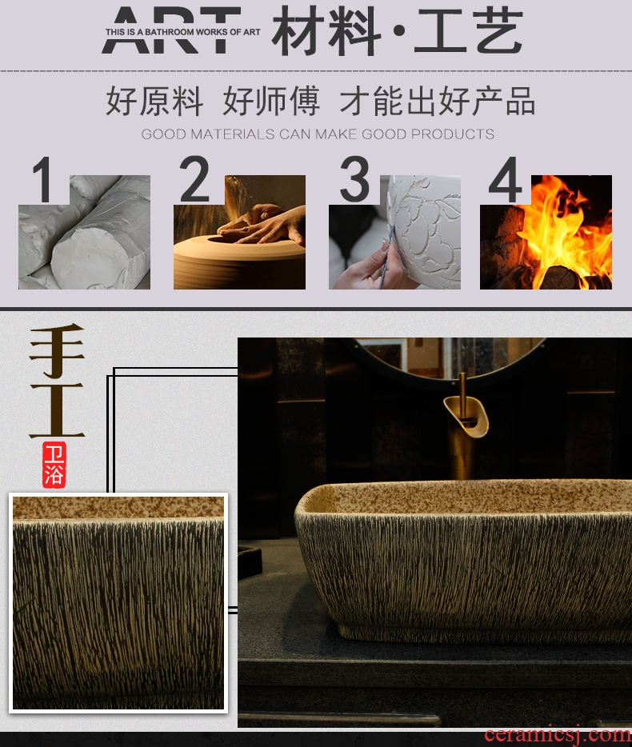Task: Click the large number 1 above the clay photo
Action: (x=43, y=179)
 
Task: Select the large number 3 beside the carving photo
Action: (x=354, y=179)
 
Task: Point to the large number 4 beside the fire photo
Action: (x=506, y=180)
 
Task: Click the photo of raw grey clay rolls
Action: (x=84, y=232)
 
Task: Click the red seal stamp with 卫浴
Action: (x=54, y=465)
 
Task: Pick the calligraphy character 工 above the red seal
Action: (x=57, y=409)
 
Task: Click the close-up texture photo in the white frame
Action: (x=118, y=603)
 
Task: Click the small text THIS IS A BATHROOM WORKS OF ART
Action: (x=183, y=33)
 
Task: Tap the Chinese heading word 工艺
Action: (x=469, y=31)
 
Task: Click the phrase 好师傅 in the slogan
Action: (x=271, y=101)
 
